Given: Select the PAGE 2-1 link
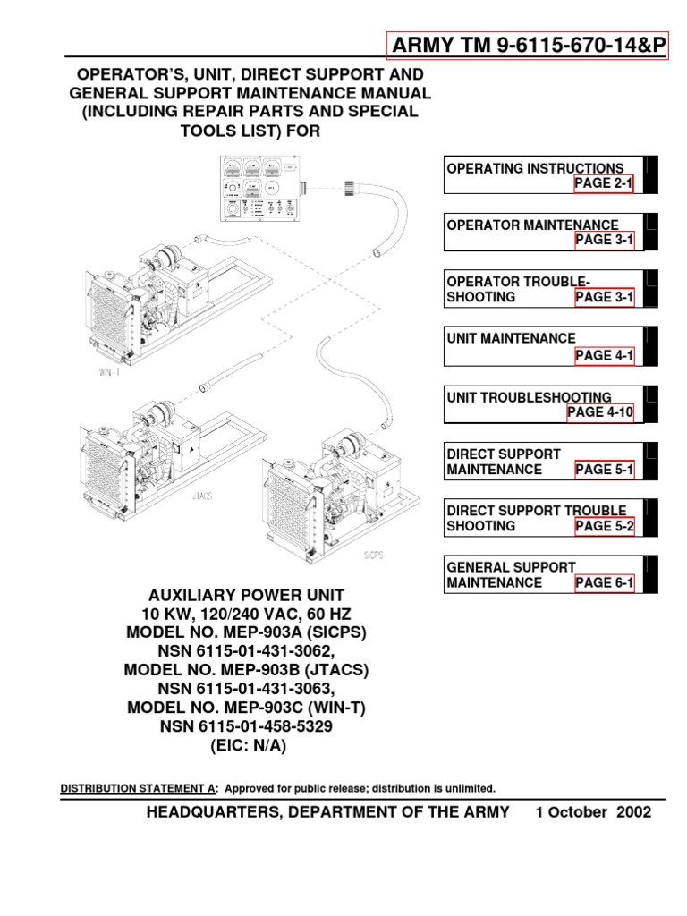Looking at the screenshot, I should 604,183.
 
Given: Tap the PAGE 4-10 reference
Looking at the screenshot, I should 600,412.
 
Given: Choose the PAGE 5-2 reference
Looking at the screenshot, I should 604,526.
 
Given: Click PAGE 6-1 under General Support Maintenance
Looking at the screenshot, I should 604,583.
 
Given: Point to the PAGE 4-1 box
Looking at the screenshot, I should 604,355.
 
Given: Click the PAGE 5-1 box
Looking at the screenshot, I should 604,470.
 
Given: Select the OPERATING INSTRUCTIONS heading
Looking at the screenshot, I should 535,168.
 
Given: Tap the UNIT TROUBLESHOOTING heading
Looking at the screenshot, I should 529,397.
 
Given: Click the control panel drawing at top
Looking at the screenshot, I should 259,189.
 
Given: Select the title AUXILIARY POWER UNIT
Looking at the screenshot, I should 244,596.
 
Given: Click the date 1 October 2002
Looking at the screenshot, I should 593,812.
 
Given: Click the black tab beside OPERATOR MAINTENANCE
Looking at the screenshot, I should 651,232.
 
